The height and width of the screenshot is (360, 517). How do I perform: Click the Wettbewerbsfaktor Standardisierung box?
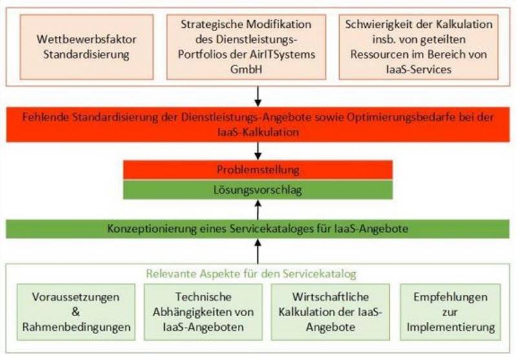(x=87, y=47)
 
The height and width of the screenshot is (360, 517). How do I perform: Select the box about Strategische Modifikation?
(x=246, y=47)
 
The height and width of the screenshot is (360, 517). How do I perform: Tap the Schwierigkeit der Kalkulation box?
(x=419, y=47)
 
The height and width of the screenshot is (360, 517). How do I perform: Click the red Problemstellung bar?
(x=258, y=170)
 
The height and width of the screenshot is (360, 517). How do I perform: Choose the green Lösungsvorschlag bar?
(x=258, y=190)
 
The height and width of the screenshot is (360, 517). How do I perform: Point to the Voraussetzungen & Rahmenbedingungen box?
(x=76, y=312)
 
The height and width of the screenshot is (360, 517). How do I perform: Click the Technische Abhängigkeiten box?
(x=203, y=312)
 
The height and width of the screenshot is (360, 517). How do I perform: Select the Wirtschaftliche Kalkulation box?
(x=330, y=312)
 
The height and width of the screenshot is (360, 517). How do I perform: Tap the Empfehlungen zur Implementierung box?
(x=450, y=312)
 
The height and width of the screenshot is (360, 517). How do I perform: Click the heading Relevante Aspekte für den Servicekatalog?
(x=251, y=273)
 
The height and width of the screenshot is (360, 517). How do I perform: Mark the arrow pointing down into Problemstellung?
(x=258, y=151)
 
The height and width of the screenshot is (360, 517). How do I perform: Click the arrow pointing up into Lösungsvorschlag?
(x=258, y=209)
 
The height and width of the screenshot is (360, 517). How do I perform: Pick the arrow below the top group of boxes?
(x=258, y=96)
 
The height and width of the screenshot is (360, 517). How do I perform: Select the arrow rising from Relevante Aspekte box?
(x=258, y=251)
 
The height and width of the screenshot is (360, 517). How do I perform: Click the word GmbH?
(x=246, y=69)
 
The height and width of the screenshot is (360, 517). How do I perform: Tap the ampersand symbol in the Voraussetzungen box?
(x=76, y=312)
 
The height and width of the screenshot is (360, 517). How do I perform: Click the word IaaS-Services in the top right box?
(x=419, y=69)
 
